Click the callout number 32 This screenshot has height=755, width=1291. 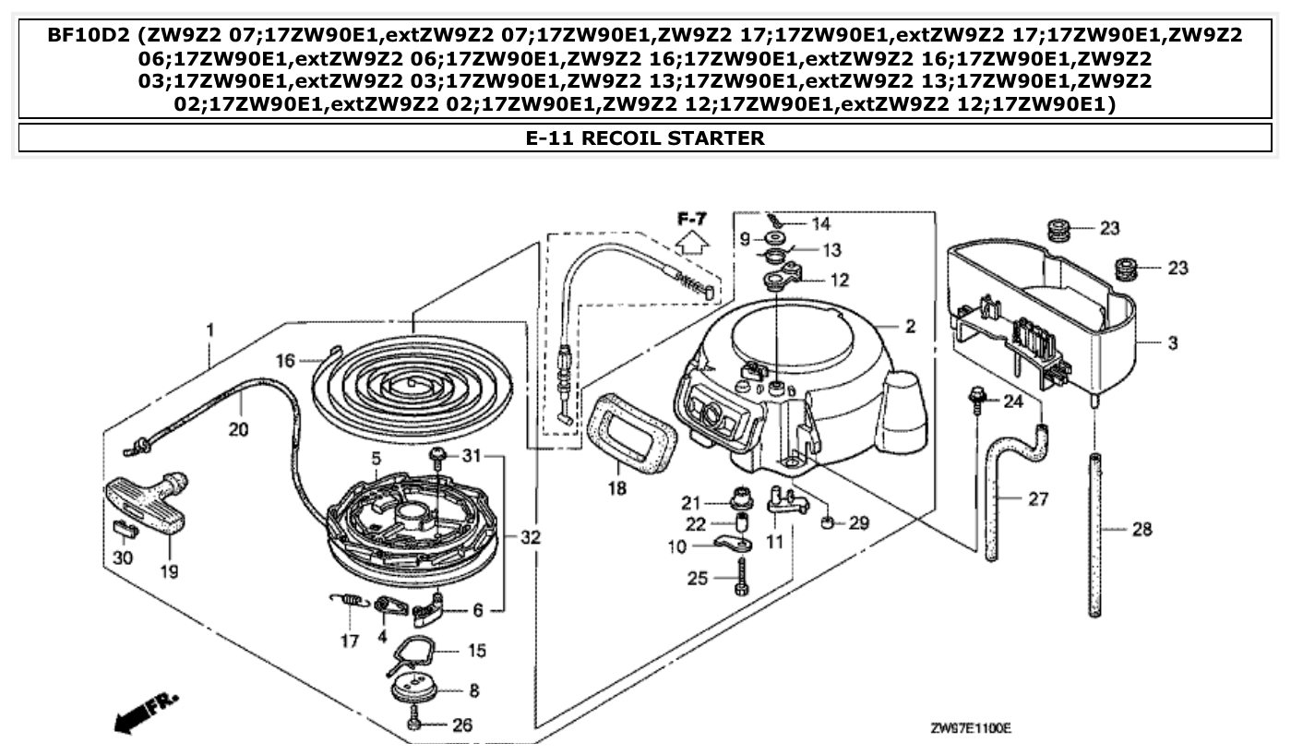pyautogui.click(x=529, y=537)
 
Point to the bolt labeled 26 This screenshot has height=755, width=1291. pyautogui.click(x=414, y=723)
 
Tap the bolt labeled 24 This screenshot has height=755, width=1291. pyautogui.click(x=974, y=401)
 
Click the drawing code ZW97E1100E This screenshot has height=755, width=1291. pyautogui.click(x=971, y=728)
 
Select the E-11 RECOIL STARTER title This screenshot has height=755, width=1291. pyautogui.click(x=645, y=138)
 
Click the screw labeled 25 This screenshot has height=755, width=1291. pyautogui.click(x=742, y=577)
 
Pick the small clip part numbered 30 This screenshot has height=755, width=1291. pyautogui.click(x=125, y=527)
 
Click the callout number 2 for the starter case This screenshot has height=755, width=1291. pyautogui.click(x=910, y=326)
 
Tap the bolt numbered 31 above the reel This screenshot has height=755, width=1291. pyautogui.click(x=438, y=456)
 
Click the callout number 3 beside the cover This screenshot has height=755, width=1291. pyautogui.click(x=1172, y=343)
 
